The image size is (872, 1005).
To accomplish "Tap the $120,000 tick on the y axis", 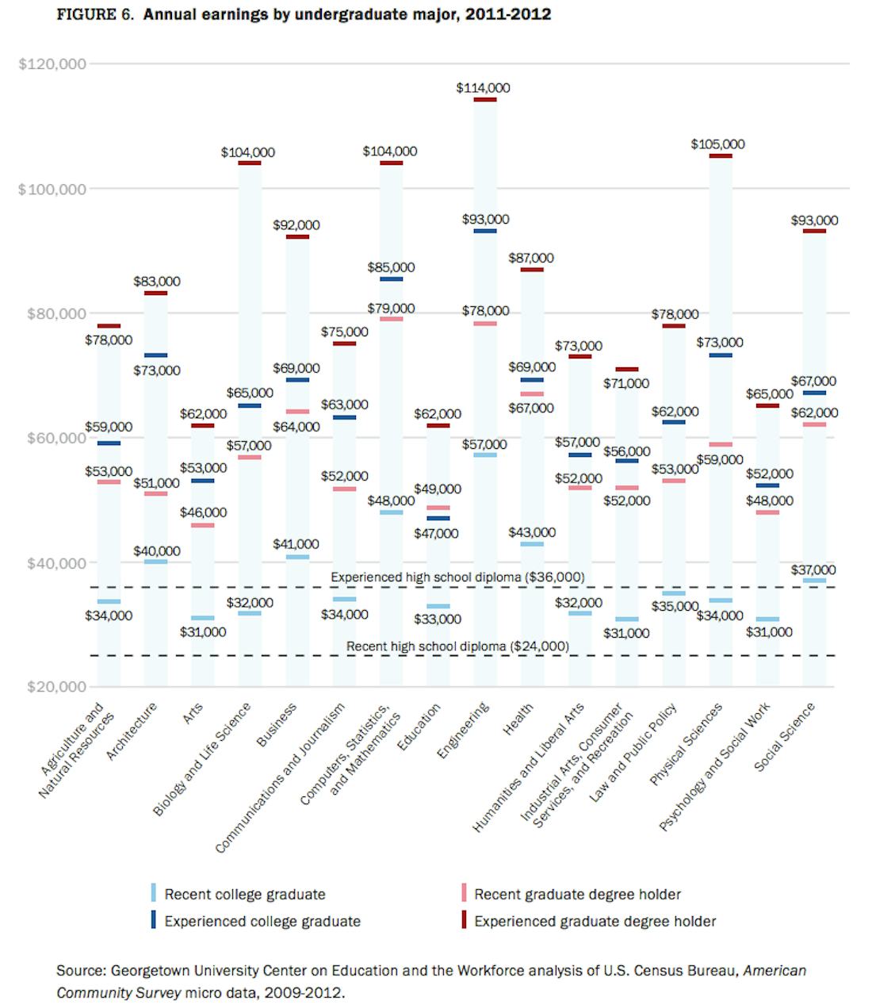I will (52, 63).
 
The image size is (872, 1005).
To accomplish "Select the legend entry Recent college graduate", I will (244, 894).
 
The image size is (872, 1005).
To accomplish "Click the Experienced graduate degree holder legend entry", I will (595, 921).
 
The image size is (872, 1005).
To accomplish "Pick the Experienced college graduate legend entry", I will (262, 921).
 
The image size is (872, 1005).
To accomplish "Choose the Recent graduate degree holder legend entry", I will (577, 894).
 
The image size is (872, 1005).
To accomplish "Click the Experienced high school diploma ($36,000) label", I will (457, 577).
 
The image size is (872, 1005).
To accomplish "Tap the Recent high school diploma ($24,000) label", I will (457, 646).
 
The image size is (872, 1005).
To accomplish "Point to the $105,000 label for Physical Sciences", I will (717, 144).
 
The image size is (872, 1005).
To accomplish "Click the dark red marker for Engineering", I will (485, 100).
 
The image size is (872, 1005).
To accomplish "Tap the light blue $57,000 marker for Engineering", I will (485, 455).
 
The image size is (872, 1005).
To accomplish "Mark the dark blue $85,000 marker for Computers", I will (391, 279).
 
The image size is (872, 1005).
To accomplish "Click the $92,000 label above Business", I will (296, 225).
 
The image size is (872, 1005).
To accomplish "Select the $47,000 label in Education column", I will (436, 533).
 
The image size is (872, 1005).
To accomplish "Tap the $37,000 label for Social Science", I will (813, 570).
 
